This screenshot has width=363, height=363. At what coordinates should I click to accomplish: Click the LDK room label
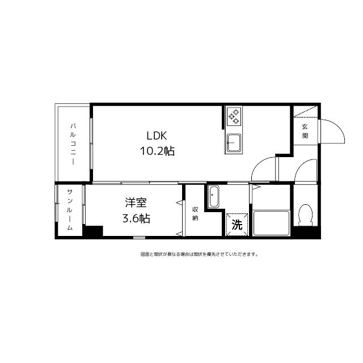pos(157,136)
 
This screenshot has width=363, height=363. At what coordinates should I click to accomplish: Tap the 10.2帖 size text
pos(157,151)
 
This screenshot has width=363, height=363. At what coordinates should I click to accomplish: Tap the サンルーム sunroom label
pos(70,210)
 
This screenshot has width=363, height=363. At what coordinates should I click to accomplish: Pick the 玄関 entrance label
pos(305,131)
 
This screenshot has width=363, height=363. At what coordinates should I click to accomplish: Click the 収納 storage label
pos(195,213)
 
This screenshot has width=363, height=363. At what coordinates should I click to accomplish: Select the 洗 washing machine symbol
pos(238,225)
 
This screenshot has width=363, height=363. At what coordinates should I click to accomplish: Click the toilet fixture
pos(305,215)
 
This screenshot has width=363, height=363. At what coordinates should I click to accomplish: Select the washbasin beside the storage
pos(213,197)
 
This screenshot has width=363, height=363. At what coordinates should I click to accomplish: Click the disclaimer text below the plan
pos(199,254)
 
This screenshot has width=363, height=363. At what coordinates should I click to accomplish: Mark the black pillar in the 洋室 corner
pos(93,231)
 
